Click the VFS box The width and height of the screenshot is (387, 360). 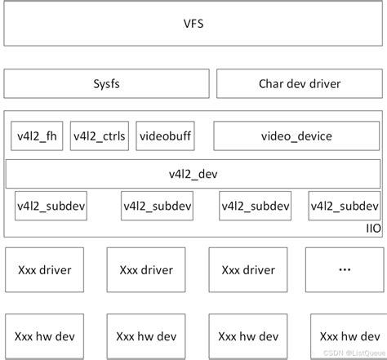193,24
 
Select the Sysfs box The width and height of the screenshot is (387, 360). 106,84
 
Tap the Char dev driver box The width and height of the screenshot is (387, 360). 299,84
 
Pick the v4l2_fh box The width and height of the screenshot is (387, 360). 38,136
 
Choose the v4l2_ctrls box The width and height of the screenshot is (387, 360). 100,136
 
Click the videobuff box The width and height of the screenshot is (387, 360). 164,136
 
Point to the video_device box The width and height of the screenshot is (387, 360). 296,136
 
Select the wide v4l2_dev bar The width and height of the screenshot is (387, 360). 193,174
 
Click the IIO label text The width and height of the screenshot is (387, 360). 372,228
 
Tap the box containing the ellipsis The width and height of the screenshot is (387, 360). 344,269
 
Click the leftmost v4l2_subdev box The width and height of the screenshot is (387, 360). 51,206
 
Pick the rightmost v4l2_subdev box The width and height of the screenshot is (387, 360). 344,206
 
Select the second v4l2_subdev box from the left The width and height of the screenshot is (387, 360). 157,206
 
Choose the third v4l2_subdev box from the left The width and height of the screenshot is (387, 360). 255,206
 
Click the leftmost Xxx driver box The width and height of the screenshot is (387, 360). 43,269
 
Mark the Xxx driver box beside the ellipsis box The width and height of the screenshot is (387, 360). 247,269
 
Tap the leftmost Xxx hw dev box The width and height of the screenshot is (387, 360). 43,335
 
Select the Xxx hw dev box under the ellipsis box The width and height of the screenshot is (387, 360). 344,335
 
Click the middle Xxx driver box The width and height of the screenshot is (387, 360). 145,269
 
